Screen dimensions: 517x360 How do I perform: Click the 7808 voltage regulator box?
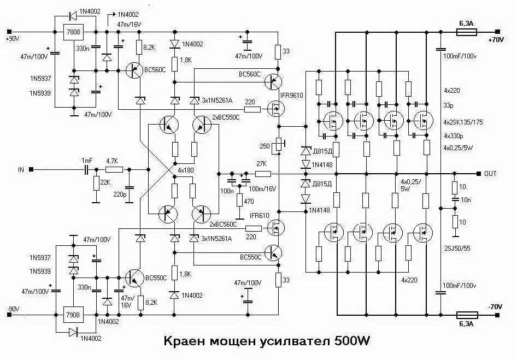click(x=73, y=32)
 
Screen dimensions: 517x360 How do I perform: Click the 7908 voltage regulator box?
click(x=73, y=315)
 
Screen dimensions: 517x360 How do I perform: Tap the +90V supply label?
click(x=13, y=39)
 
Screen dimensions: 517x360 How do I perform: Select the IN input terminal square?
click(x=31, y=169)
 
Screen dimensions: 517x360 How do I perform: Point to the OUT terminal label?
click(x=490, y=173)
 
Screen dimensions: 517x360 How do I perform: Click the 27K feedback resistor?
click(x=263, y=174)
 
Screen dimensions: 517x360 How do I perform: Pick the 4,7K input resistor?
click(x=114, y=169)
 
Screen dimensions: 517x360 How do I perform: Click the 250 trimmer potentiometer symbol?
click(x=279, y=146)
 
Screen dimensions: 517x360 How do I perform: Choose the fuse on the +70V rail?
click(x=466, y=32)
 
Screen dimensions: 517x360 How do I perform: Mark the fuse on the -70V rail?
click(x=467, y=315)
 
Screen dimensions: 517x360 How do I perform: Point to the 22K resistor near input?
click(x=96, y=184)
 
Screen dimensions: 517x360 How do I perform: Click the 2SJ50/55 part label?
click(x=457, y=248)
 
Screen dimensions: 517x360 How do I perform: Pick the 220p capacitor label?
click(x=120, y=194)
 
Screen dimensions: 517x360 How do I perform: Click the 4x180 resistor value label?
click(x=186, y=170)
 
